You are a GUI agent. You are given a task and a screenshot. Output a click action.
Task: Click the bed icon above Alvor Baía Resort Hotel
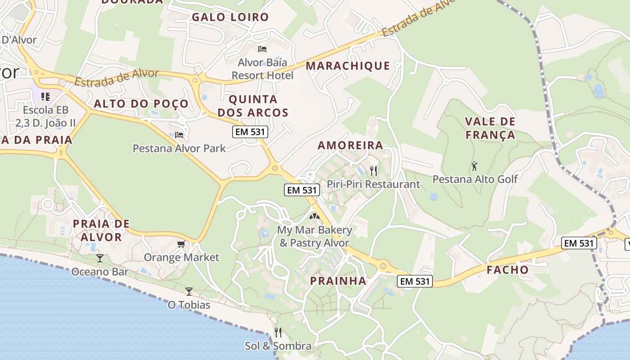[262, 49]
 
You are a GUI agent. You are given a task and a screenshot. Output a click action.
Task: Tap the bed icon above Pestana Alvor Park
[179, 135]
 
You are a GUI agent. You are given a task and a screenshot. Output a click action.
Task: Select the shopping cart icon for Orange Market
[181, 244]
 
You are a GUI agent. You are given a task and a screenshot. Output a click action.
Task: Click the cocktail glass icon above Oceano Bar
[99, 258]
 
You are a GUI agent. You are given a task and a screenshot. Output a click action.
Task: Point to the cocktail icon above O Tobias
[189, 291]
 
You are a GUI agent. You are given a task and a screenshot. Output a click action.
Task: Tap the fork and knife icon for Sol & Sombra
[278, 333]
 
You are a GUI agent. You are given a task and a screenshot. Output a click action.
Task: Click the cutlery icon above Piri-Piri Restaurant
[373, 171]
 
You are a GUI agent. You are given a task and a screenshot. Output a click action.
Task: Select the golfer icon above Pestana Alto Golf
[474, 166]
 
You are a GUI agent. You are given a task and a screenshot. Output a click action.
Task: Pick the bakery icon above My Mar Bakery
[314, 216]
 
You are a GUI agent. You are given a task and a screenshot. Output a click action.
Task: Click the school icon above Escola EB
[45, 96]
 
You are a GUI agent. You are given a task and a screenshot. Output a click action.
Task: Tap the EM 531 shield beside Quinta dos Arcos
[250, 132]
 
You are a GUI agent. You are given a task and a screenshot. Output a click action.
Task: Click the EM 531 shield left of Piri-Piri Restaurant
[302, 190]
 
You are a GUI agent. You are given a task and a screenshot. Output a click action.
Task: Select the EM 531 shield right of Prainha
[415, 281]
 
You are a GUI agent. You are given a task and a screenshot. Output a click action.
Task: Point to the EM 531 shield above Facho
[579, 243]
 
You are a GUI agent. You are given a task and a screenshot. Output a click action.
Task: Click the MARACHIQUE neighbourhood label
[348, 66]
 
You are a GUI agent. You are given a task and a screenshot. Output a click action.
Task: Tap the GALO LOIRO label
[230, 17]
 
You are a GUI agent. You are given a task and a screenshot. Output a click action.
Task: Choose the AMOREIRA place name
[351, 145]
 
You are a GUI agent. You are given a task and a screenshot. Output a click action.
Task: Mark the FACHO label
[508, 270]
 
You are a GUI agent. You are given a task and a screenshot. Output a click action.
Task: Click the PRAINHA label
[338, 281]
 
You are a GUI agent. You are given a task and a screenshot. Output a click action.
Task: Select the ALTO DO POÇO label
[141, 103]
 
